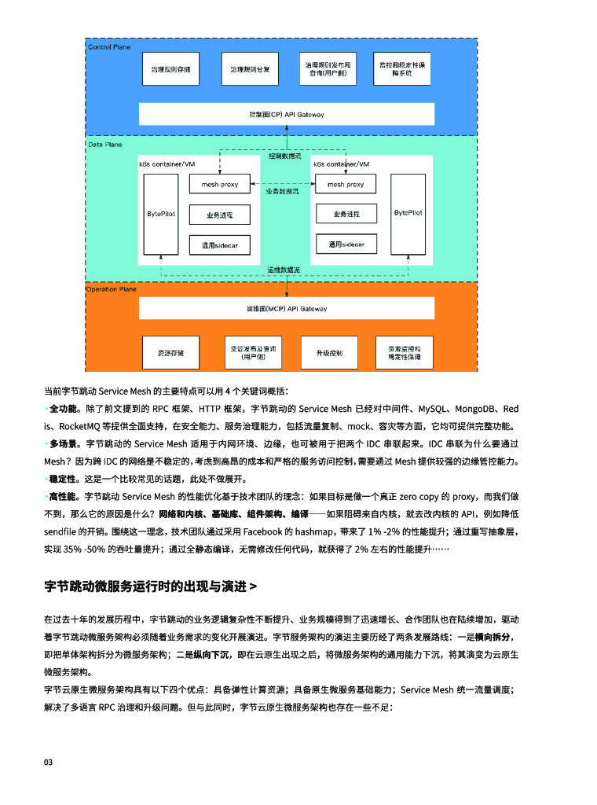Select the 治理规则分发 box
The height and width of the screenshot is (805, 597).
[250, 69]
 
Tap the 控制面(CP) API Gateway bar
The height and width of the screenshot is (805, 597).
[286, 115]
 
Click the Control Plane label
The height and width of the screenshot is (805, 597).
[109, 47]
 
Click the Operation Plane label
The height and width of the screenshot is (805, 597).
[111, 289]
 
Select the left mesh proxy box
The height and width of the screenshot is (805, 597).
[219, 185]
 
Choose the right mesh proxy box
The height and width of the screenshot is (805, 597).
[346, 185]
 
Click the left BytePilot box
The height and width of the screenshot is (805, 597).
[161, 213]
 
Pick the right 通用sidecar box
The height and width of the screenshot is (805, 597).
[346, 244]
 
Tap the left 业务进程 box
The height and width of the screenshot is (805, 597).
[219, 215]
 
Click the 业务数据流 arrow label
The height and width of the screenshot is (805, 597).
[281, 191]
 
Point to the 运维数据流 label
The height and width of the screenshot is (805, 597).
[283, 270]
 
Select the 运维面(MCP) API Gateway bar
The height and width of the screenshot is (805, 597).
[286, 309]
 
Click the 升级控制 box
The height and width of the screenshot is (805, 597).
[329, 352]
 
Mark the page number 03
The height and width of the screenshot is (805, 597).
[49, 763]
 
